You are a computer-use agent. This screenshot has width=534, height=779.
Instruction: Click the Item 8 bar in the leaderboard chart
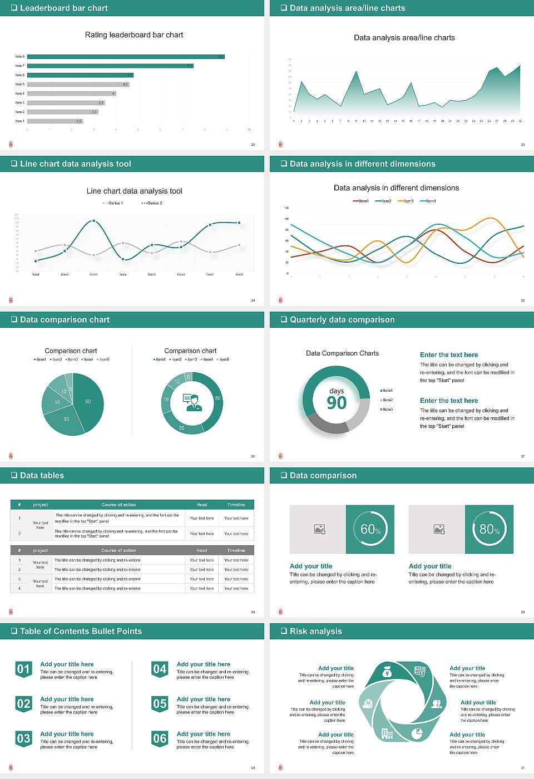[x=125, y=57]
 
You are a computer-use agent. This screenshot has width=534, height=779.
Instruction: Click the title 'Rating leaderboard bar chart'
[x=134, y=35]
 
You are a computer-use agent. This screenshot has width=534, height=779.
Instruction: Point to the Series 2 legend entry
[x=152, y=203]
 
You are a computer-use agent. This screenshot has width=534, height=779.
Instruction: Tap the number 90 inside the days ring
[x=337, y=403]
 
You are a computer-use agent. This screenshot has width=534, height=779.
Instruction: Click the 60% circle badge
[x=370, y=529]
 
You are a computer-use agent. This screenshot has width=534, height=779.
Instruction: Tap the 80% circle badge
[x=489, y=529]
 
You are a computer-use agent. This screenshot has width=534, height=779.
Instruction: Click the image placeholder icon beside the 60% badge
[x=319, y=529]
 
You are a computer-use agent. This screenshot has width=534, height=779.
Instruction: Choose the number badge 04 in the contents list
[x=160, y=669]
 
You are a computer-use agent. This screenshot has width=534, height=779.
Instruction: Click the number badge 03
[x=23, y=739]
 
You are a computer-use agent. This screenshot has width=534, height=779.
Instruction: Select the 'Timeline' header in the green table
[x=236, y=505]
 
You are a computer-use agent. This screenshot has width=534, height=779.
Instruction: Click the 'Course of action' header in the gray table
[x=118, y=550]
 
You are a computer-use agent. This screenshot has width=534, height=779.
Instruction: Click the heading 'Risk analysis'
[x=315, y=632]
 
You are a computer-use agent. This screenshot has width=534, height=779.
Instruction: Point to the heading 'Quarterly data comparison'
[x=342, y=320]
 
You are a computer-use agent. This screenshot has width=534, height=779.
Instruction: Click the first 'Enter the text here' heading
[x=449, y=355]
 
